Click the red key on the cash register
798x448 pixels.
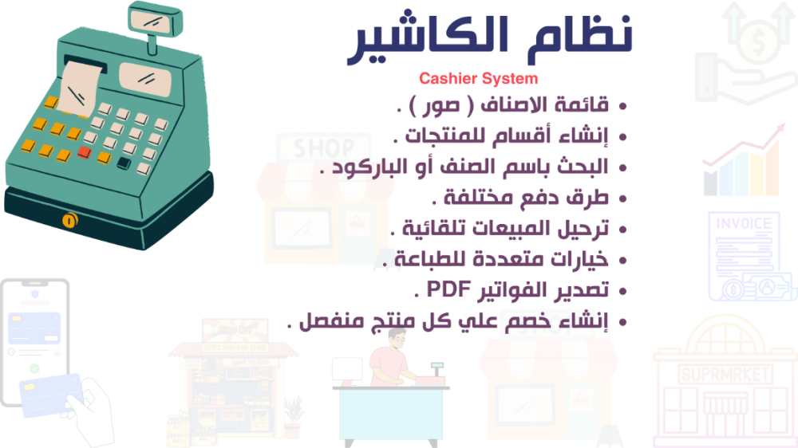point(85,152)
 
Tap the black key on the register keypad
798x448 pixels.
point(124,163)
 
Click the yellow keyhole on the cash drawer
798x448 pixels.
point(69,220)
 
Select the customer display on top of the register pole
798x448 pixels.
point(156,20)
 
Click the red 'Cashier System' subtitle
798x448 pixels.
point(478,79)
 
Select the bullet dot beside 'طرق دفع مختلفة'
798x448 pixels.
point(622,199)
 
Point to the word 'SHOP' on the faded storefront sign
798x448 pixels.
point(324,148)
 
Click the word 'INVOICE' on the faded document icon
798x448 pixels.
point(744,224)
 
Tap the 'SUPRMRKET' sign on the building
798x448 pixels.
point(725,375)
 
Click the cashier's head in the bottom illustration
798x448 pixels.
point(397,338)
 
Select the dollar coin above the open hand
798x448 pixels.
point(758,41)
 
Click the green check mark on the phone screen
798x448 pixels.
point(34,367)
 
